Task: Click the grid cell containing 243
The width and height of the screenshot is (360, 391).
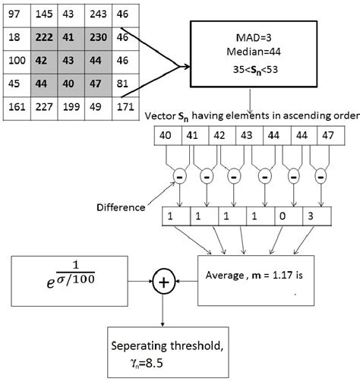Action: [96, 14]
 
